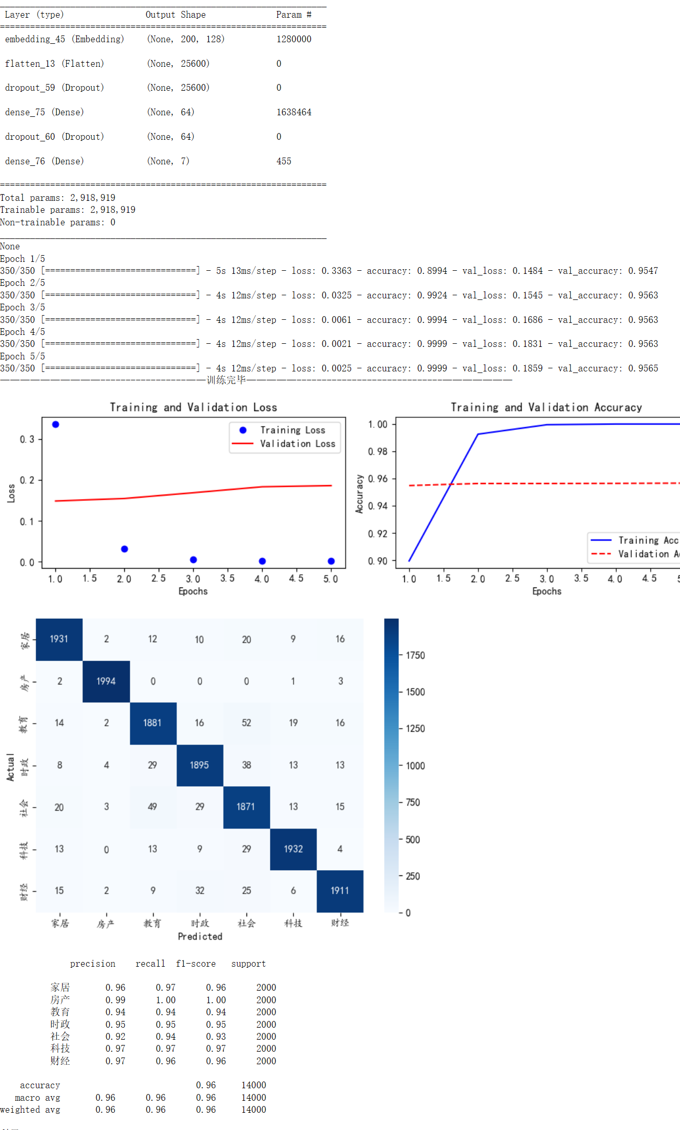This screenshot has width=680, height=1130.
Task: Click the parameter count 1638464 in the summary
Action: pos(294,112)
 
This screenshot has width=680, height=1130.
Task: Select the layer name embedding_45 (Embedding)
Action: pos(64,39)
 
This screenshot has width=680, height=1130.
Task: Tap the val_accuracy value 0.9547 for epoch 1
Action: pos(642,271)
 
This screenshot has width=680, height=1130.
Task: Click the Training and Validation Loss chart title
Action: pos(193,407)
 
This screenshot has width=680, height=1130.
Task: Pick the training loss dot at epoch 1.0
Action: pos(55,425)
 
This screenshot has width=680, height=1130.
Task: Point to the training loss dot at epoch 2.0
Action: pos(124,549)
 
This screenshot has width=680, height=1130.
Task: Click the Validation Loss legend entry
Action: pos(297,444)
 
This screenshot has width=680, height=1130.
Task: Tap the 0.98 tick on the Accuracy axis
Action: pos(378,451)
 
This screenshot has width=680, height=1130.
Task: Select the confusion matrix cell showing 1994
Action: pos(106,681)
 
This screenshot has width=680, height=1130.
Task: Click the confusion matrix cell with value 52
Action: pos(247,723)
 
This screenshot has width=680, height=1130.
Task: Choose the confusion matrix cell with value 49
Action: pos(153,807)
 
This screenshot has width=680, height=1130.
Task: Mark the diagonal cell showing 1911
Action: pos(339,891)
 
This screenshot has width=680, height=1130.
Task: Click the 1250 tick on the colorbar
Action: pos(415,729)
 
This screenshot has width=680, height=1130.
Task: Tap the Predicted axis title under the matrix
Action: pos(200,936)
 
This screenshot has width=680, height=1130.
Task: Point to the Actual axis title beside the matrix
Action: pos(10,767)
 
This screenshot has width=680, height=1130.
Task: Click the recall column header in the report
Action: pos(150,964)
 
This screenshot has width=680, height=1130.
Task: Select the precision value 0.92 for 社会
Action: pos(115,1037)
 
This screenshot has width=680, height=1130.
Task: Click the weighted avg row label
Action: pos(30,1110)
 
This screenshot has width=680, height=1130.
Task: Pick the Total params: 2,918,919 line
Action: pos(58,198)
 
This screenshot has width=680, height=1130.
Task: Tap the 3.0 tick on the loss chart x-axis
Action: pos(193,579)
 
